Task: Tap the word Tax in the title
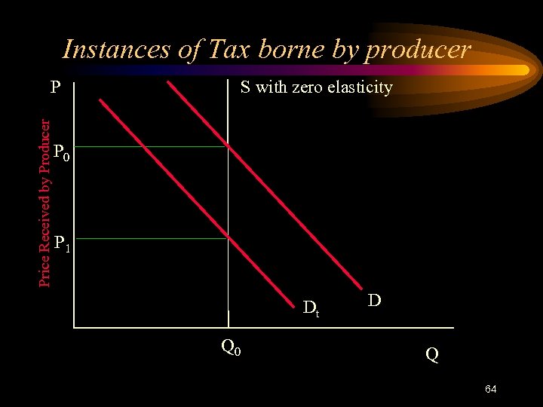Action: pyautogui.click(x=224, y=50)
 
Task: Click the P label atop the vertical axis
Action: pyautogui.click(x=55, y=87)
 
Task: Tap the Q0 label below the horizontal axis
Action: pyautogui.click(x=231, y=347)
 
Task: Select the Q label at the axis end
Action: pyautogui.click(x=431, y=353)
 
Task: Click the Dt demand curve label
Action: pyautogui.click(x=311, y=308)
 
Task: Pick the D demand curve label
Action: pyautogui.click(x=374, y=301)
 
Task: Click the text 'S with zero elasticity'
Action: pyautogui.click(x=316, y=87)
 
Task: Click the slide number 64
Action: pyautogui.click(x=490, y=389)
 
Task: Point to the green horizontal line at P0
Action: pyautogui.click(x=151, y=146)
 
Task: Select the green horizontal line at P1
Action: pyautogui.click(x=151, y=238)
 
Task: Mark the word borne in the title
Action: pyautogui.click(x=296, y=50)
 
